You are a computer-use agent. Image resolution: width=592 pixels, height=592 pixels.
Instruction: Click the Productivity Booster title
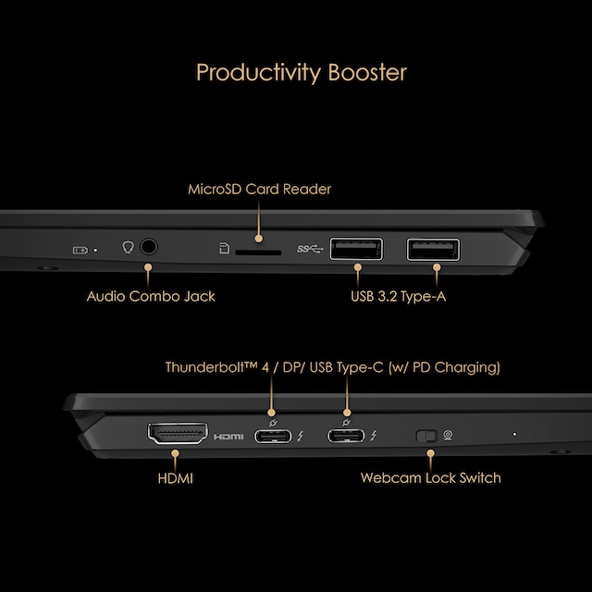point(301,72)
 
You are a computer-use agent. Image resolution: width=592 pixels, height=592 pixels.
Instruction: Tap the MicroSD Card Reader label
point(259,190)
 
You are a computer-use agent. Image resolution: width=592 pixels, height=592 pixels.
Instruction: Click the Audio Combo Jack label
point(151,297)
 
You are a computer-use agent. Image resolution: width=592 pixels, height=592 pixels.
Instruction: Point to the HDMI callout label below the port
point(175,478)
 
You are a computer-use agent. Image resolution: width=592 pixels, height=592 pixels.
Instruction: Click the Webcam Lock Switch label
point(430,478)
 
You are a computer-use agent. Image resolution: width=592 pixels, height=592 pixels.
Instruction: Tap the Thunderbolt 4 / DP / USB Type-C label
point(332,367)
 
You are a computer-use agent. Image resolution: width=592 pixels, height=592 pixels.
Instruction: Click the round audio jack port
point(146,248)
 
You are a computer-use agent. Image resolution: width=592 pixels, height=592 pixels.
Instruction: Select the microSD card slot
point(259,250)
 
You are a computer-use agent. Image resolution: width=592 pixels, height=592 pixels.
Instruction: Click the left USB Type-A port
point(356,248)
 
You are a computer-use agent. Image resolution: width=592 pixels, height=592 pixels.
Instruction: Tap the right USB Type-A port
point(433,248)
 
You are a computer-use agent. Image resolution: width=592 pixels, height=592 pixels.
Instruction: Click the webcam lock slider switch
point(426,435)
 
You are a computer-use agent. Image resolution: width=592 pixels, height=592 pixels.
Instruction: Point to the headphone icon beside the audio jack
point(129,248)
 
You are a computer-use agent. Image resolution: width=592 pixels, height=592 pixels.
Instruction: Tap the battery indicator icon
point(81,249)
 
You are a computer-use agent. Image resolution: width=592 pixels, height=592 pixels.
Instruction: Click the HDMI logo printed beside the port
point(228,436)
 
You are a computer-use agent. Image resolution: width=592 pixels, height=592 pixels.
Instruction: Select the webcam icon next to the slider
point(449,435)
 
